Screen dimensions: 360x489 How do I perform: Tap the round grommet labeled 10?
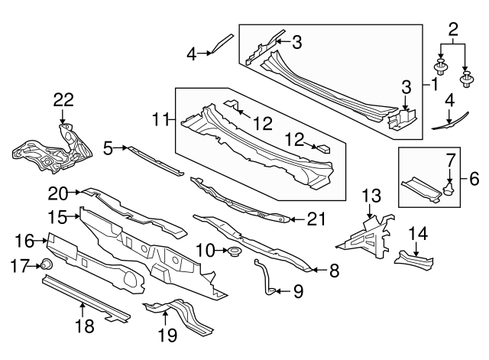(x=234, y=251)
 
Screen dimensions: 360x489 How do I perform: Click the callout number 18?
(x=84, y=326)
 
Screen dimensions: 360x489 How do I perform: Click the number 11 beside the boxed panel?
(x=160, y=119)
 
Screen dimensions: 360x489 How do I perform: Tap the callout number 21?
(x=316, y=219)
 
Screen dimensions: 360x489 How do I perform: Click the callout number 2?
(x=453, y=30)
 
